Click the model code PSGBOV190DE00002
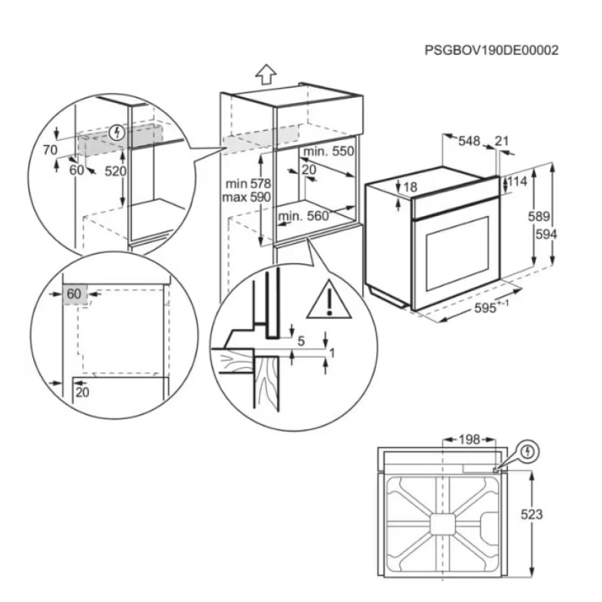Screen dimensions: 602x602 click(x=491, y=51)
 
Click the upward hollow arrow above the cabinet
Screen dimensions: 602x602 click(x=265, y=74)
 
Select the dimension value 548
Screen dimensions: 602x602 click(x=470, y=140)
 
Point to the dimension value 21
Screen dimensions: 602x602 click(x=502, y=140)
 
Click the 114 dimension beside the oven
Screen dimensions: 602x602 click(x=517, y=181)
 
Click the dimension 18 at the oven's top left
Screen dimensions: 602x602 click(x=409, y=187)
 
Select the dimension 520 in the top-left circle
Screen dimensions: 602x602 click(x=114, y=172)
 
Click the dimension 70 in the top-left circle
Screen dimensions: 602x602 click(x=50, y=150)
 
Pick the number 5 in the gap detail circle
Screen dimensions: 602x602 click(x=300, y=341)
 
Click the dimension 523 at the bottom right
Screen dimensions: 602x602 click(x=532, y=515)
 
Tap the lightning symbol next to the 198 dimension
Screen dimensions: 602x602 click(x=530, y=451)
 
